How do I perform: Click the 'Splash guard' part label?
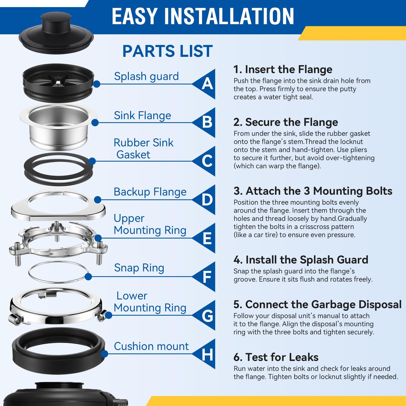(x=146, y=76)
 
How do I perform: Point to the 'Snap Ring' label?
(x=139, y=268)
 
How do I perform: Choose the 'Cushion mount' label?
(x=151, y=346)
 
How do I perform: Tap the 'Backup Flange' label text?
(x=150, y=192)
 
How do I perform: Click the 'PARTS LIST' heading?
(x=167, y=51)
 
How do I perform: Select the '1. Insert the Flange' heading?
(x=283, y=69)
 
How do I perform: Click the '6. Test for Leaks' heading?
(x=276, y=357)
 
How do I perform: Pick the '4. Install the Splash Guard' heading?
(x=301, y=260)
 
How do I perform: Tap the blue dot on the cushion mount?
(x=105, y=354)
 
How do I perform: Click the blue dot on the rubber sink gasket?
(x=92, y=161)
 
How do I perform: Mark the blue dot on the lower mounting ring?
(x=109, y=315)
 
